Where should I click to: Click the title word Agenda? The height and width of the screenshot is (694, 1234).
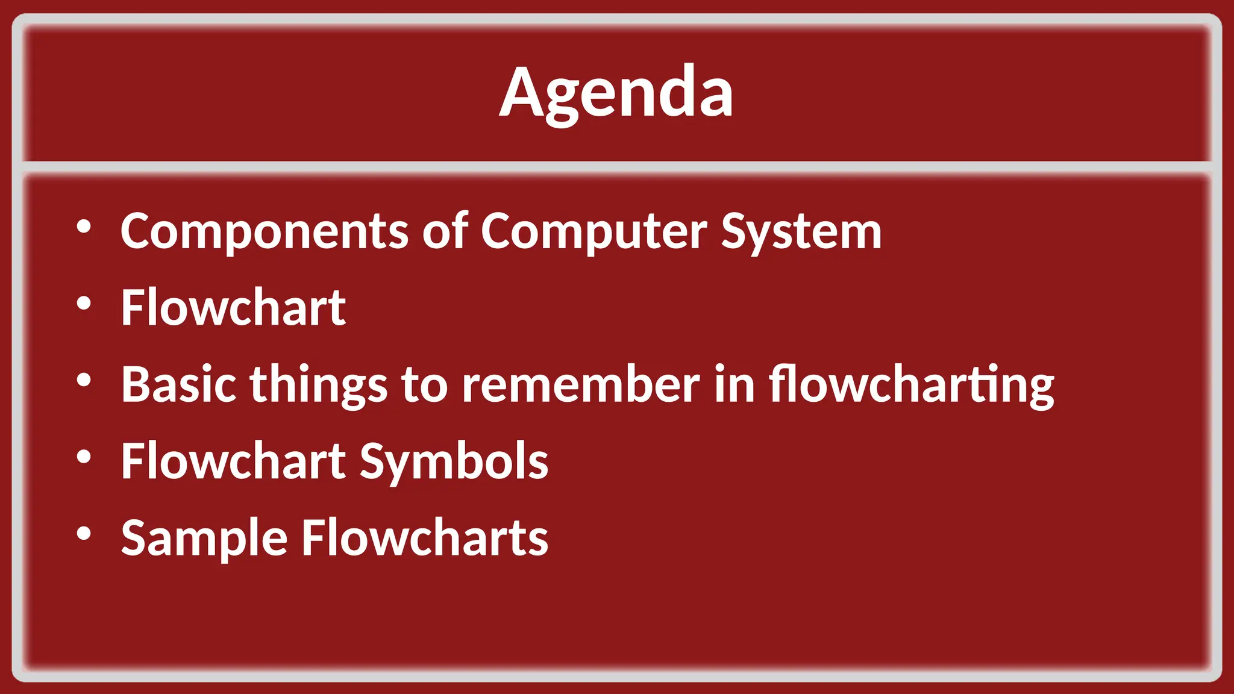616,93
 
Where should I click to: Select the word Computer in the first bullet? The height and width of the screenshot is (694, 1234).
594,232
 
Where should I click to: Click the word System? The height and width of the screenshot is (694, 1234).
801,232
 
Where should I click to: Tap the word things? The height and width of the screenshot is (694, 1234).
319,386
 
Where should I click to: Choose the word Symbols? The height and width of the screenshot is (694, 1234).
454,461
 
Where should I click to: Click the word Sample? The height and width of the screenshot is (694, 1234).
204,538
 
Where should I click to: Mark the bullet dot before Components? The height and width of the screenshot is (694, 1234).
84,227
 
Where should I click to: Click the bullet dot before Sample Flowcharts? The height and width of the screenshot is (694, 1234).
84,533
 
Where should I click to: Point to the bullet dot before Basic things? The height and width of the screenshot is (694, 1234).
84,380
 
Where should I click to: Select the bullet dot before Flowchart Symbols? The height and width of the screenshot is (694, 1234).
84,457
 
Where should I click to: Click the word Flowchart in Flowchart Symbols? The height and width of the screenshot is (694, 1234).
233,460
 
